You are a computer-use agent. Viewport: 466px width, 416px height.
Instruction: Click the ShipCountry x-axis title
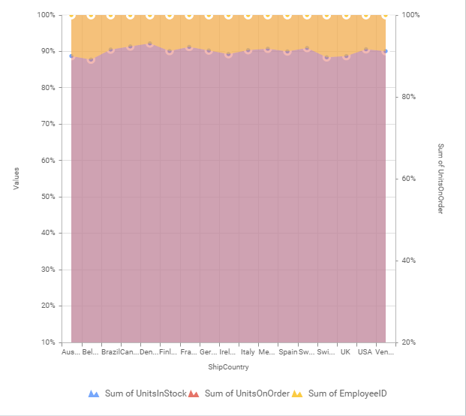click(229, 368)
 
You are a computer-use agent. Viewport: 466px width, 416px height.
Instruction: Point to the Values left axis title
click(16, 179)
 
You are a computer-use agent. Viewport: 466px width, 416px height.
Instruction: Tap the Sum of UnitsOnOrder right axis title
click(441, 179)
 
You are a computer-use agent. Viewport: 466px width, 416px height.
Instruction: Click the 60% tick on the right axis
click(410, 179)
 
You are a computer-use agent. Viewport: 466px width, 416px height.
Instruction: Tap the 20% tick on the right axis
click(410, 342)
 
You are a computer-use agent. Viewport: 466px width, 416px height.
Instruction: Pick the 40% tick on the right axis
click(410, 261)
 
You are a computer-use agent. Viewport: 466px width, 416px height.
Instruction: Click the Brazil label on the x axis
click(111, 351)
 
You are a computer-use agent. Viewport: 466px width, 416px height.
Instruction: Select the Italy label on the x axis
click(248, 351)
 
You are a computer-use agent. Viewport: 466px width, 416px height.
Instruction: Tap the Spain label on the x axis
click(287, 351)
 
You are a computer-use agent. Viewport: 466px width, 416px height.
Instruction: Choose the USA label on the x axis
click(365, 351)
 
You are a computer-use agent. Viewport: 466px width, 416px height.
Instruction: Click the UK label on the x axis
click(346, 351)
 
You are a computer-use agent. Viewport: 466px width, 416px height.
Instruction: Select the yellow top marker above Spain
click(287, 15)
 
